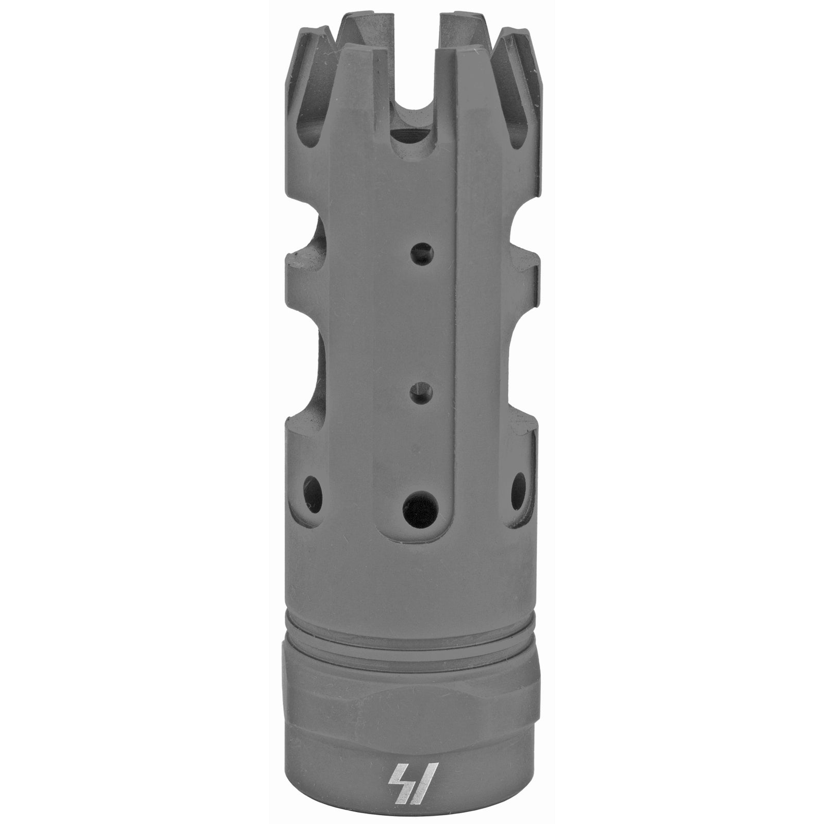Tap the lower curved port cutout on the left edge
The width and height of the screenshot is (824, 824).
[x=304, y=371]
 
